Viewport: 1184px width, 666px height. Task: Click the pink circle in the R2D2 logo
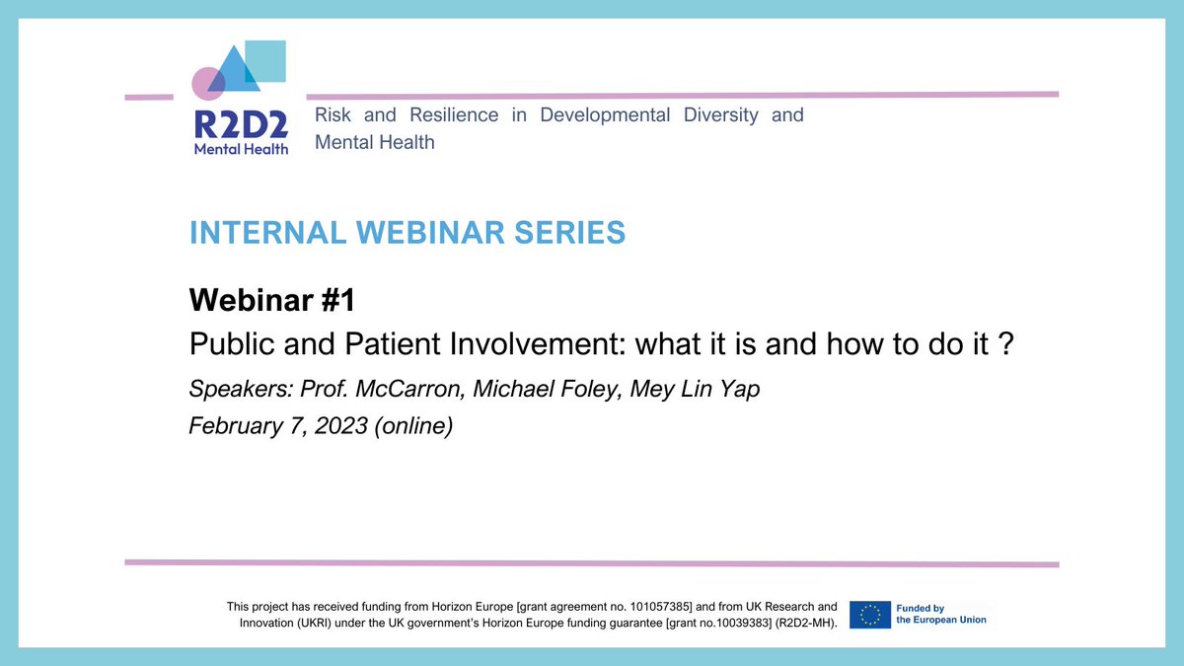tap(208, 84)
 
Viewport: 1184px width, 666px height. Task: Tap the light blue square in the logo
tap(265, 61)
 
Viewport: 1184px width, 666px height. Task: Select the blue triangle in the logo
tap(234, 69)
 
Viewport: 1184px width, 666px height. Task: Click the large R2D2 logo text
tap(241, 124)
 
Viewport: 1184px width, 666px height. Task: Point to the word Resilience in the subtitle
tap(454, 114)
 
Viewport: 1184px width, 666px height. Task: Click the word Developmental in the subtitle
tap(605, 115)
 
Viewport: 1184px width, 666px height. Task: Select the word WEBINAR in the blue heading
tap(430, 233)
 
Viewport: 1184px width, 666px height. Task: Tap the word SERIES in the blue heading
tap(570, 233)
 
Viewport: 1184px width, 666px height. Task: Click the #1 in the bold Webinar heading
tap(338, 300)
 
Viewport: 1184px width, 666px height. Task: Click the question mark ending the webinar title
tap(1007, 343)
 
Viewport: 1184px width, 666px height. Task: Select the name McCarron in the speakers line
tap(410, 389)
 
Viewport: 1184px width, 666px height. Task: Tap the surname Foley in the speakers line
tap(591, 390)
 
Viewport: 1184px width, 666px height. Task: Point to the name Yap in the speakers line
tap(739, 390)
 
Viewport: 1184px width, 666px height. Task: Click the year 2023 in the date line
tap(341, 426)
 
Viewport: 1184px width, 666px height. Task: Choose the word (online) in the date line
tap(413, 426)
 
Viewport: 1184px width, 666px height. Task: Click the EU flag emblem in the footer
tap(870, 615)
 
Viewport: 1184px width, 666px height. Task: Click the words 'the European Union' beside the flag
tap(941, 620)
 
